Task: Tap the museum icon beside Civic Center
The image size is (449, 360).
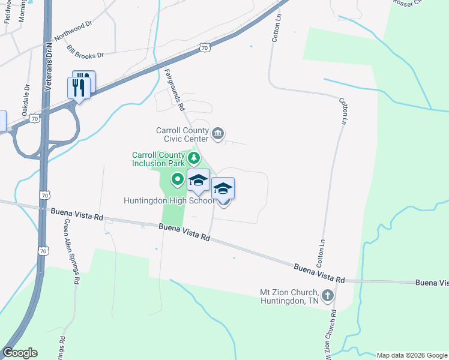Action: [x=218, y=132]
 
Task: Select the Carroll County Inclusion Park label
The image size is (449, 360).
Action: [x=158, y=158]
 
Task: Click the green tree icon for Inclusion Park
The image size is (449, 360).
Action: [x=193, y=158]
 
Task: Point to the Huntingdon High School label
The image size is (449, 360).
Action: [x=169, y=201]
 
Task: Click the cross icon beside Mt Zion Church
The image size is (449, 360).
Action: [x=327, y=295]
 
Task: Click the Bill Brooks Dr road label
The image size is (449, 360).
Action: [x=85, y=52]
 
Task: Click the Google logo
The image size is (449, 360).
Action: [x=20, y=353]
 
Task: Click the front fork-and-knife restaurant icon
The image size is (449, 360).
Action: [x=79, y=88]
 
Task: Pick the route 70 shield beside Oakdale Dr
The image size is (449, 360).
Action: [x=37, y=119]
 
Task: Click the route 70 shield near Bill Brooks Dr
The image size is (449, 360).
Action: [x=205, y=47]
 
